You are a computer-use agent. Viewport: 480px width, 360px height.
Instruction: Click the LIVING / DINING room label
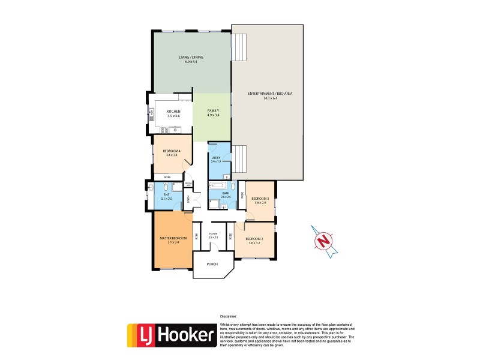tap(191, 57)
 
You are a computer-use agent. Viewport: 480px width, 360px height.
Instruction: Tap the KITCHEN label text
tap(173, 112)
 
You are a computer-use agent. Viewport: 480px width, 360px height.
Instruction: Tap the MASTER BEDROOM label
tap(173, 239)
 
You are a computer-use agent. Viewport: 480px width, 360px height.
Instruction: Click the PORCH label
tap(212, 264)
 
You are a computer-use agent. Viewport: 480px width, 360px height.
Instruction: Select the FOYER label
tap(212, 234)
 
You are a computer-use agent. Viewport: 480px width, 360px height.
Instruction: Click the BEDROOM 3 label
tap(260, 198)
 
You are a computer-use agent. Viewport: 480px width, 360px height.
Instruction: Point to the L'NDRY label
tap(216, 158)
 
